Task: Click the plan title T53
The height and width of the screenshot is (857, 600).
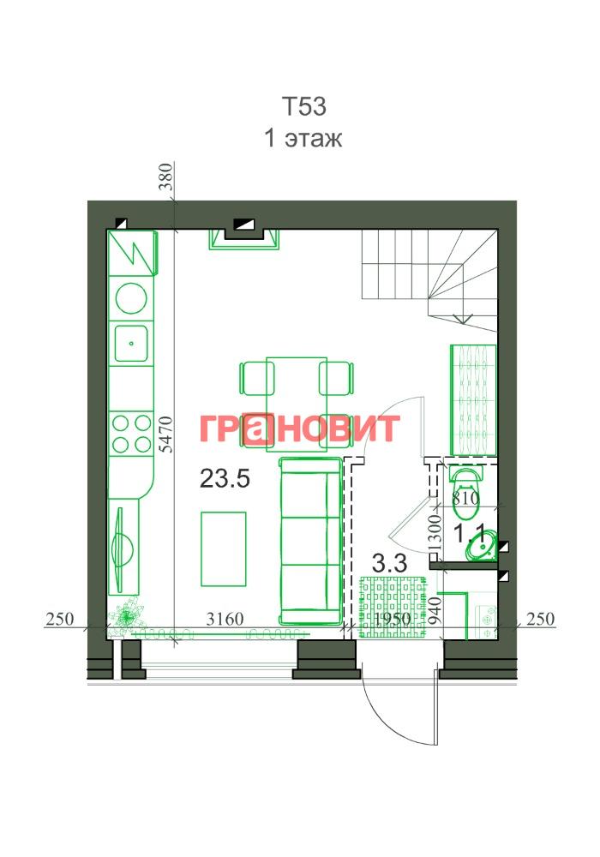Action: tap(304, 106)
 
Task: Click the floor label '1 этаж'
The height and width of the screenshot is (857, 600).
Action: tap(303, 138)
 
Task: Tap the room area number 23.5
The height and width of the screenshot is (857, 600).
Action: tap(225, 479)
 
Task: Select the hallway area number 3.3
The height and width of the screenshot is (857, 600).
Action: tap(389, 562)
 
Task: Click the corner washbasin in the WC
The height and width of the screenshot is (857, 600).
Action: tap(482, 545)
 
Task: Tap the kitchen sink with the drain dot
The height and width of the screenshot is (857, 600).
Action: tap(131, 344)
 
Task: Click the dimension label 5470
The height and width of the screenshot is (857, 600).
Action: tap(167, 434)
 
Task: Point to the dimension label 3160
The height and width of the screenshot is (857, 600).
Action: tap(225, 620)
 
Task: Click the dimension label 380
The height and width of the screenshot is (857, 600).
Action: tap(166, 177)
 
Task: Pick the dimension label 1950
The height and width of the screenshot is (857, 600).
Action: tap(393, 620)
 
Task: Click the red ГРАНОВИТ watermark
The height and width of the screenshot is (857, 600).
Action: tap(299, 428)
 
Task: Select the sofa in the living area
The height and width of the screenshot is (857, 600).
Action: tap(310, 541)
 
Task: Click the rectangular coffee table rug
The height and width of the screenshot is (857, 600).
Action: tap(223, 548)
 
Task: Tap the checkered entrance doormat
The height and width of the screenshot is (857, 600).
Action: tap(393, 607)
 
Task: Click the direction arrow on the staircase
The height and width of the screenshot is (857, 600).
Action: tap(464, 319)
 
